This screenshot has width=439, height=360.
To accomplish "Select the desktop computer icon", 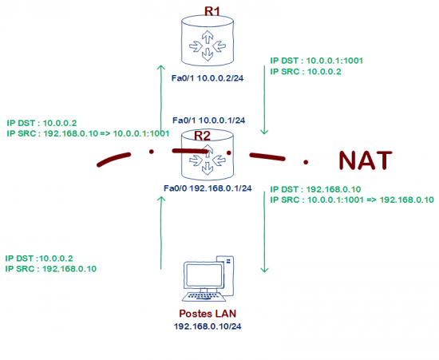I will coord(207,279).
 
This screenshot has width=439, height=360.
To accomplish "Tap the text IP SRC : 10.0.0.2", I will coord(300,71).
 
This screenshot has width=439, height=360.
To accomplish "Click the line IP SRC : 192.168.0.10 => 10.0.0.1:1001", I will coord(87,134).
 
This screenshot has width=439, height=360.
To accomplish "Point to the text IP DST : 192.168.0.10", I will coord(311,189).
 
